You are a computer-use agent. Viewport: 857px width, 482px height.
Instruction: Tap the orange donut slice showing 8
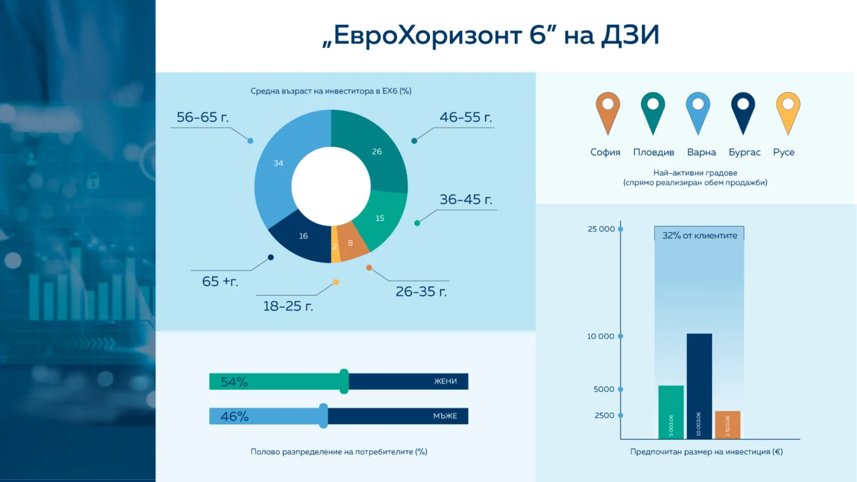351,244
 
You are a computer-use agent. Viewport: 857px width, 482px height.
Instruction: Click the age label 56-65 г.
202,118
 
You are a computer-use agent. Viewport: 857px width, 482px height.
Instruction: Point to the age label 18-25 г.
288,306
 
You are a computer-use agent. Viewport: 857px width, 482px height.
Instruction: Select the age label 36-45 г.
466,200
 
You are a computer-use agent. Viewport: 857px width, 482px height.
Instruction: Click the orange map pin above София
608,111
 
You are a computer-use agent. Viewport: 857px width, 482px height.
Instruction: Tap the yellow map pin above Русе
787,111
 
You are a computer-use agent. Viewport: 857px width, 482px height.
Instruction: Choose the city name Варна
701,152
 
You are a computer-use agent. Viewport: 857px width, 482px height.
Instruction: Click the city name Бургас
744,152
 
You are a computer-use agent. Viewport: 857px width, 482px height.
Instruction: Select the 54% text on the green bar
234,382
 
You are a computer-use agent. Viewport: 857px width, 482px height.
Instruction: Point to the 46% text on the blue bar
234,416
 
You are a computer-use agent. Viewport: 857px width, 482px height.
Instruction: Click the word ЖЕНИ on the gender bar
445,381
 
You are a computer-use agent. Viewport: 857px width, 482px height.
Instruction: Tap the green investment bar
671,412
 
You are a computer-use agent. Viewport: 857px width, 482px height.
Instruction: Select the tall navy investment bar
698,386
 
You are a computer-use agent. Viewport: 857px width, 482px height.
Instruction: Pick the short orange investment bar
727,425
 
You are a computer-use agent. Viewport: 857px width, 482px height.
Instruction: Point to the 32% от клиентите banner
699,234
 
